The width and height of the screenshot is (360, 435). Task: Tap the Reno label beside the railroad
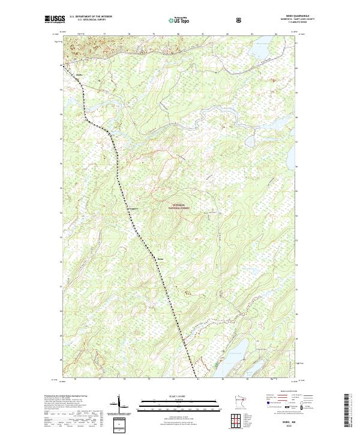(160, 259)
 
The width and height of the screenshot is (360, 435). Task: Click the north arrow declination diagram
(119, 406)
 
